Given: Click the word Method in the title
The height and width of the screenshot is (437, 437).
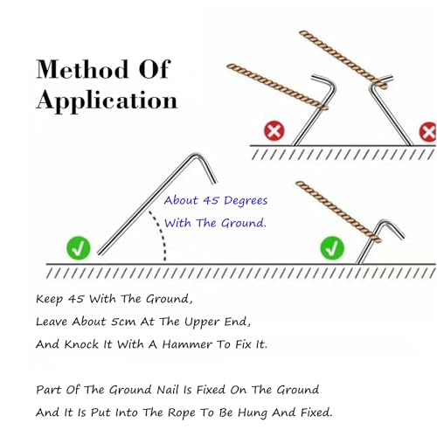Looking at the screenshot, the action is point(82,69).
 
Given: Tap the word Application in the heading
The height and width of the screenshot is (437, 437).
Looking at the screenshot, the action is point(107,101).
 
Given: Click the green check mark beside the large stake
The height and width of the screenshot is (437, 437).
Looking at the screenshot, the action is point(79,248).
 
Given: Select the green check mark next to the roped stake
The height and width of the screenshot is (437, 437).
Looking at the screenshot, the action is point(332,248).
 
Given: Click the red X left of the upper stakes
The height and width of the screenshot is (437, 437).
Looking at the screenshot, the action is point(274,131).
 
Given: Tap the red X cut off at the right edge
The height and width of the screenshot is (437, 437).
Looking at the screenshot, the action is point(428,132).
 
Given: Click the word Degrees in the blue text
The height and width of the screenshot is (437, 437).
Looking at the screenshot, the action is point(246,201).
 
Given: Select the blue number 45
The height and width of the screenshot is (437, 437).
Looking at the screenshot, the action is point(211,200).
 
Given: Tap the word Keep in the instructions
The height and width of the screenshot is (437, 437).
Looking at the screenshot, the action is point(49,299).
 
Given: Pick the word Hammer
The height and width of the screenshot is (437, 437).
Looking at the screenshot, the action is point(187,344).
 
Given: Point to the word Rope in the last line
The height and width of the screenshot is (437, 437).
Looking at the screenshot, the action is point(183,413).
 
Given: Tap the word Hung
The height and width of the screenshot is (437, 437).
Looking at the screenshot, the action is point(253,413).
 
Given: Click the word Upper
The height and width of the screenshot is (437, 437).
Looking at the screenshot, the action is point(203,323).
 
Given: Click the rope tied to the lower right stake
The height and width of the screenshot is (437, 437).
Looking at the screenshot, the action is point(338,212).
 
